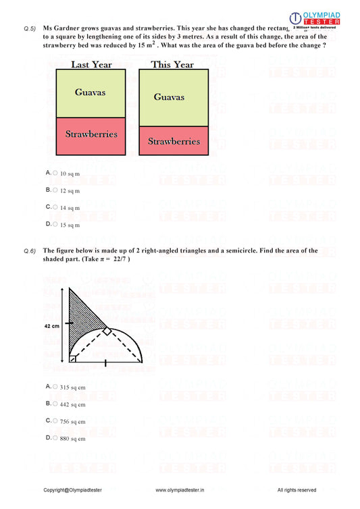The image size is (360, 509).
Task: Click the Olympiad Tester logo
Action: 314,19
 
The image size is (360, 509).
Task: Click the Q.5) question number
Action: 29,28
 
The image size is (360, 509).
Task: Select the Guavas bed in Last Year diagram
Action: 91,92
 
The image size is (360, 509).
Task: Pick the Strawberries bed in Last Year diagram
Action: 91,135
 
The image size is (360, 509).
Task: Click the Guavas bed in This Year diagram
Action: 174,97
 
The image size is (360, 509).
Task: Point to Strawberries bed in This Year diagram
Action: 174,141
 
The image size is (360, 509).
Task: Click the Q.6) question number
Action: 29,250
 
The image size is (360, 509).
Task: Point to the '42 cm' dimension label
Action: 51,325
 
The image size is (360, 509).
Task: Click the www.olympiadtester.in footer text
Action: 180,489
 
